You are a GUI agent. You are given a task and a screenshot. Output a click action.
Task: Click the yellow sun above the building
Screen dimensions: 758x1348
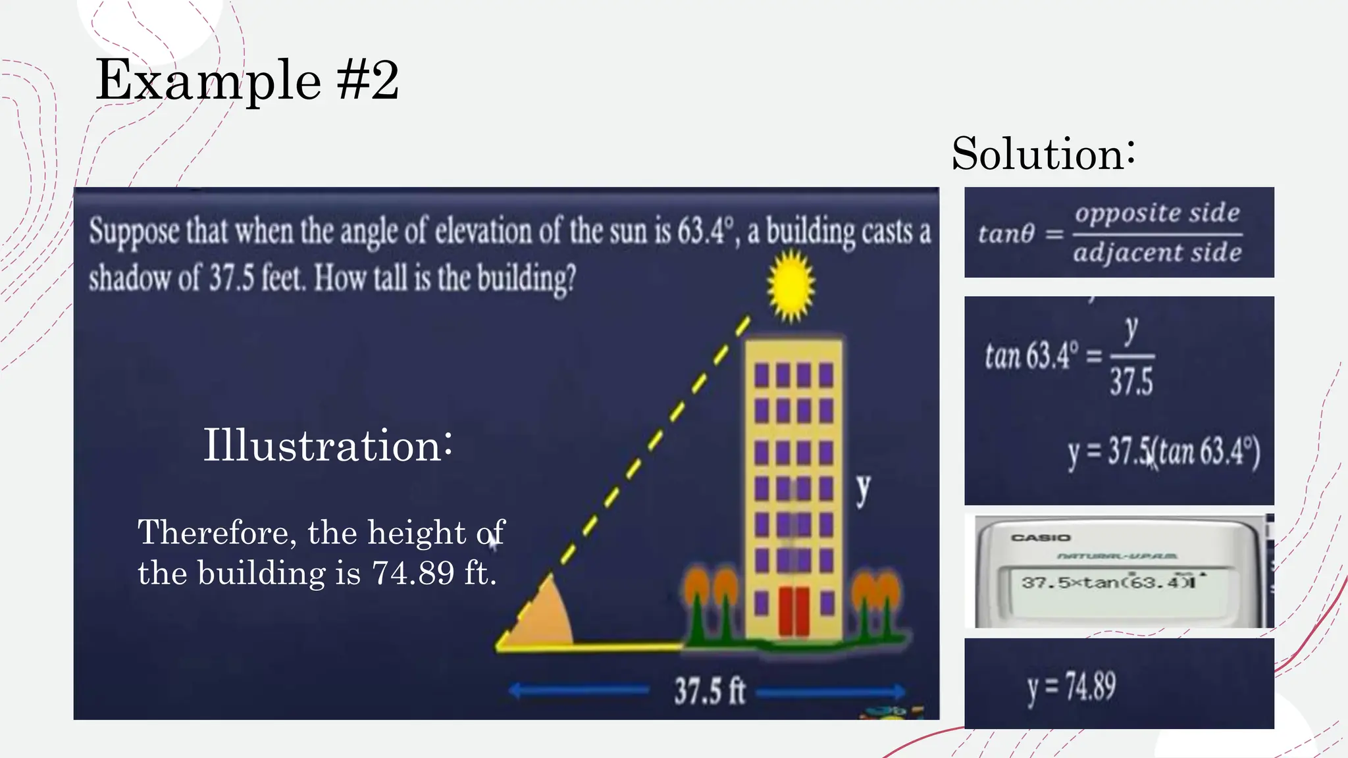pyautogui.click(x=791, y=286)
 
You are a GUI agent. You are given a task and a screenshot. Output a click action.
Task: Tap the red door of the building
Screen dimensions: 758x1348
pyautogui.click(x=794, y=611)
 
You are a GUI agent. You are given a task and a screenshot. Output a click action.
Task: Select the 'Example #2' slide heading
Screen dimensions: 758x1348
pyautogui.click(x=247, y=80)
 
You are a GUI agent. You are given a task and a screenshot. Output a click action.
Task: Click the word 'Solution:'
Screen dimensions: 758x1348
pyautogui.click(x=1043, y=154)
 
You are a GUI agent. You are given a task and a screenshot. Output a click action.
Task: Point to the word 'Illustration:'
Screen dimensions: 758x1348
pyautogui.click(x=327, y=445)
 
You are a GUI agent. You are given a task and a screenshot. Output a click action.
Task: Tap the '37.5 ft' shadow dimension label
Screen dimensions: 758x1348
pyautogui.click(x=709, y=692)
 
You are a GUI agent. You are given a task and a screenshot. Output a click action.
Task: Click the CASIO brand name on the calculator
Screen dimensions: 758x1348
pyautogui.click(x=1041, y=538)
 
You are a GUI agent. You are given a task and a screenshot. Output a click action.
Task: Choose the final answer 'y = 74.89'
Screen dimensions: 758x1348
pyautogui.click(x=1072, y=687)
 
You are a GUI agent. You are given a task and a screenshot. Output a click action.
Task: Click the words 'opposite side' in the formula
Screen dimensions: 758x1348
pyautogui.click(x=1157, y=213)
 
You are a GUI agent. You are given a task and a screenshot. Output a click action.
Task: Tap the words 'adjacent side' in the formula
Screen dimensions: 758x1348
pyautogui.click(x=1157, y=253)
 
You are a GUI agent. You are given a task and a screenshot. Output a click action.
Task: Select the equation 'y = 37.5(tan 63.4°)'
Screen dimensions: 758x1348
pyautogui.click(x=1164, y=453)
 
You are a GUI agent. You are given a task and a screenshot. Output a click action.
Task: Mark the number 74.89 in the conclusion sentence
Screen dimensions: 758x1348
pyautogui.click(x=413, y=573)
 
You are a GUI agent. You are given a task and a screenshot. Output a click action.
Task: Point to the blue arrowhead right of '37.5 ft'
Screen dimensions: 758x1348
pyautogui.click(x=896, y=692)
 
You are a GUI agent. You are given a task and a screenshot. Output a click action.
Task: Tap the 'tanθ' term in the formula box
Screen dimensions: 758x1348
pyautogui.click(x=1006, y=234)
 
